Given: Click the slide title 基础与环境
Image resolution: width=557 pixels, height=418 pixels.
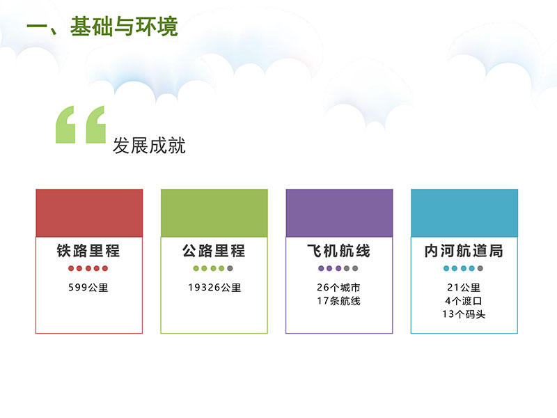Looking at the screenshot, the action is (x=124, y=26).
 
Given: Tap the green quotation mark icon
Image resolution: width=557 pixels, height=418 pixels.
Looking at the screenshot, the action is (x=81, y=125).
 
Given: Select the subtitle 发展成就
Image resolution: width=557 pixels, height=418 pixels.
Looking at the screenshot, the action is (x=149, y=146).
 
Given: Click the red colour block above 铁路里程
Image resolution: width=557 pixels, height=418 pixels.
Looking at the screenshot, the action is (x=89, y=213).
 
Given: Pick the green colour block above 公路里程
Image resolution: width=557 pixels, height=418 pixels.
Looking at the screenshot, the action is (x=214, y=213).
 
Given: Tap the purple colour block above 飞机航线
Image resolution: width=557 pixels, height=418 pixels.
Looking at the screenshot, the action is (x=339, y=213).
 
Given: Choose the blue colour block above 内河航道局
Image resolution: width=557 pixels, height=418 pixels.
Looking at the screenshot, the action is (x=464, y=213).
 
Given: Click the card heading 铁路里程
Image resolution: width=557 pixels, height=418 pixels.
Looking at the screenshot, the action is (x=88, y=251).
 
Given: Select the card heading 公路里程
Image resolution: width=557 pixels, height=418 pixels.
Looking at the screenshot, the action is (x=214, y=251).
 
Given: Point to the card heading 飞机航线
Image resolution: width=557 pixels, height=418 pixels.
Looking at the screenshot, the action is (x=339, y=251).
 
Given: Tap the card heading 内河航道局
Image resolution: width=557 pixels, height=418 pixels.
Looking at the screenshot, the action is (x=464, y=251).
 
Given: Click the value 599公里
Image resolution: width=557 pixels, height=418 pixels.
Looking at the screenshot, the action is (x=88, y=287).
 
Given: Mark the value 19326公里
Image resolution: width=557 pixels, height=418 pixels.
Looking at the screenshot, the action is (x=214, y=287).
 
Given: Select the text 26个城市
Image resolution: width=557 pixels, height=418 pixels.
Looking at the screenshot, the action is (x=339, y=287).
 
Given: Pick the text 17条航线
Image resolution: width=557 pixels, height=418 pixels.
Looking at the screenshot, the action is (x=339, y=301).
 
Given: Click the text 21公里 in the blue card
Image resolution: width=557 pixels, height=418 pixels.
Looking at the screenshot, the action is (x=464, y=287).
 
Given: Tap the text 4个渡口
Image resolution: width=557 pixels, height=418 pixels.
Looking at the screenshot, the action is (x=464, y=301).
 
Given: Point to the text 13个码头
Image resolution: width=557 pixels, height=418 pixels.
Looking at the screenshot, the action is (x=464, y=314).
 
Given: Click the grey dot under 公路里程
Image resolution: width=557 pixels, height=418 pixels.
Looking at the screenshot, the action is (x=230, y=268).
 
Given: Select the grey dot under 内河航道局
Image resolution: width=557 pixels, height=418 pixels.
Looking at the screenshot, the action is (x=480, y=268).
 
